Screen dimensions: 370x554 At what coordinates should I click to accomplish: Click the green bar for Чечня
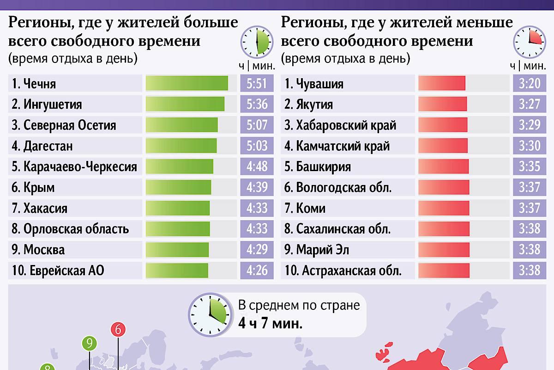click(187, 83)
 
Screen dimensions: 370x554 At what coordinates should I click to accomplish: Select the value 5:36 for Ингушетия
click(257, 104)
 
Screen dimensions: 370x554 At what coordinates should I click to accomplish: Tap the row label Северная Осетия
click(64, 125)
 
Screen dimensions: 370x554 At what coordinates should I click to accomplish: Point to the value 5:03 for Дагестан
click(257, 146)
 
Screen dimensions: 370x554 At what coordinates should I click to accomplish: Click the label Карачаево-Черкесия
click(74, 166)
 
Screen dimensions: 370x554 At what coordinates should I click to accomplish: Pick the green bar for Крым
click(178, 187)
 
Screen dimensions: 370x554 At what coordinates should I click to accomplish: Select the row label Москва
click(38, 250)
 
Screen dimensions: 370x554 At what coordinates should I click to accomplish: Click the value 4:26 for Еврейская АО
click(257, 270)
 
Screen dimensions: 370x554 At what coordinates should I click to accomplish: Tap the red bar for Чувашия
click(441, 83)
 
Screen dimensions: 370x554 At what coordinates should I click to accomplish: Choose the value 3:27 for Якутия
click(529, 104)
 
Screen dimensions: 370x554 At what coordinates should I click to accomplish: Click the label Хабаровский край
click(340, 125)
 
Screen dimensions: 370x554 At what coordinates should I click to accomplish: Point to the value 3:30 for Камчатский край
click(529, 146)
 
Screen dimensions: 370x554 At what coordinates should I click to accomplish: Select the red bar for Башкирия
click(444, 166)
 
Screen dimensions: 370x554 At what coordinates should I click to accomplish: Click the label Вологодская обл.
click(338, 187)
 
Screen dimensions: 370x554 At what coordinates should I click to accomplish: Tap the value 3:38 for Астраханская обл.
click(529, 270)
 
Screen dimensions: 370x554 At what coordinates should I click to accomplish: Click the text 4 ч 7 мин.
click(271, 323)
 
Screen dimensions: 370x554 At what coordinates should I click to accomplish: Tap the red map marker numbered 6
click(118, 330)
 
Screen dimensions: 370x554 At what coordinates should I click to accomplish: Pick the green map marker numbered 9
click(90, 344)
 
